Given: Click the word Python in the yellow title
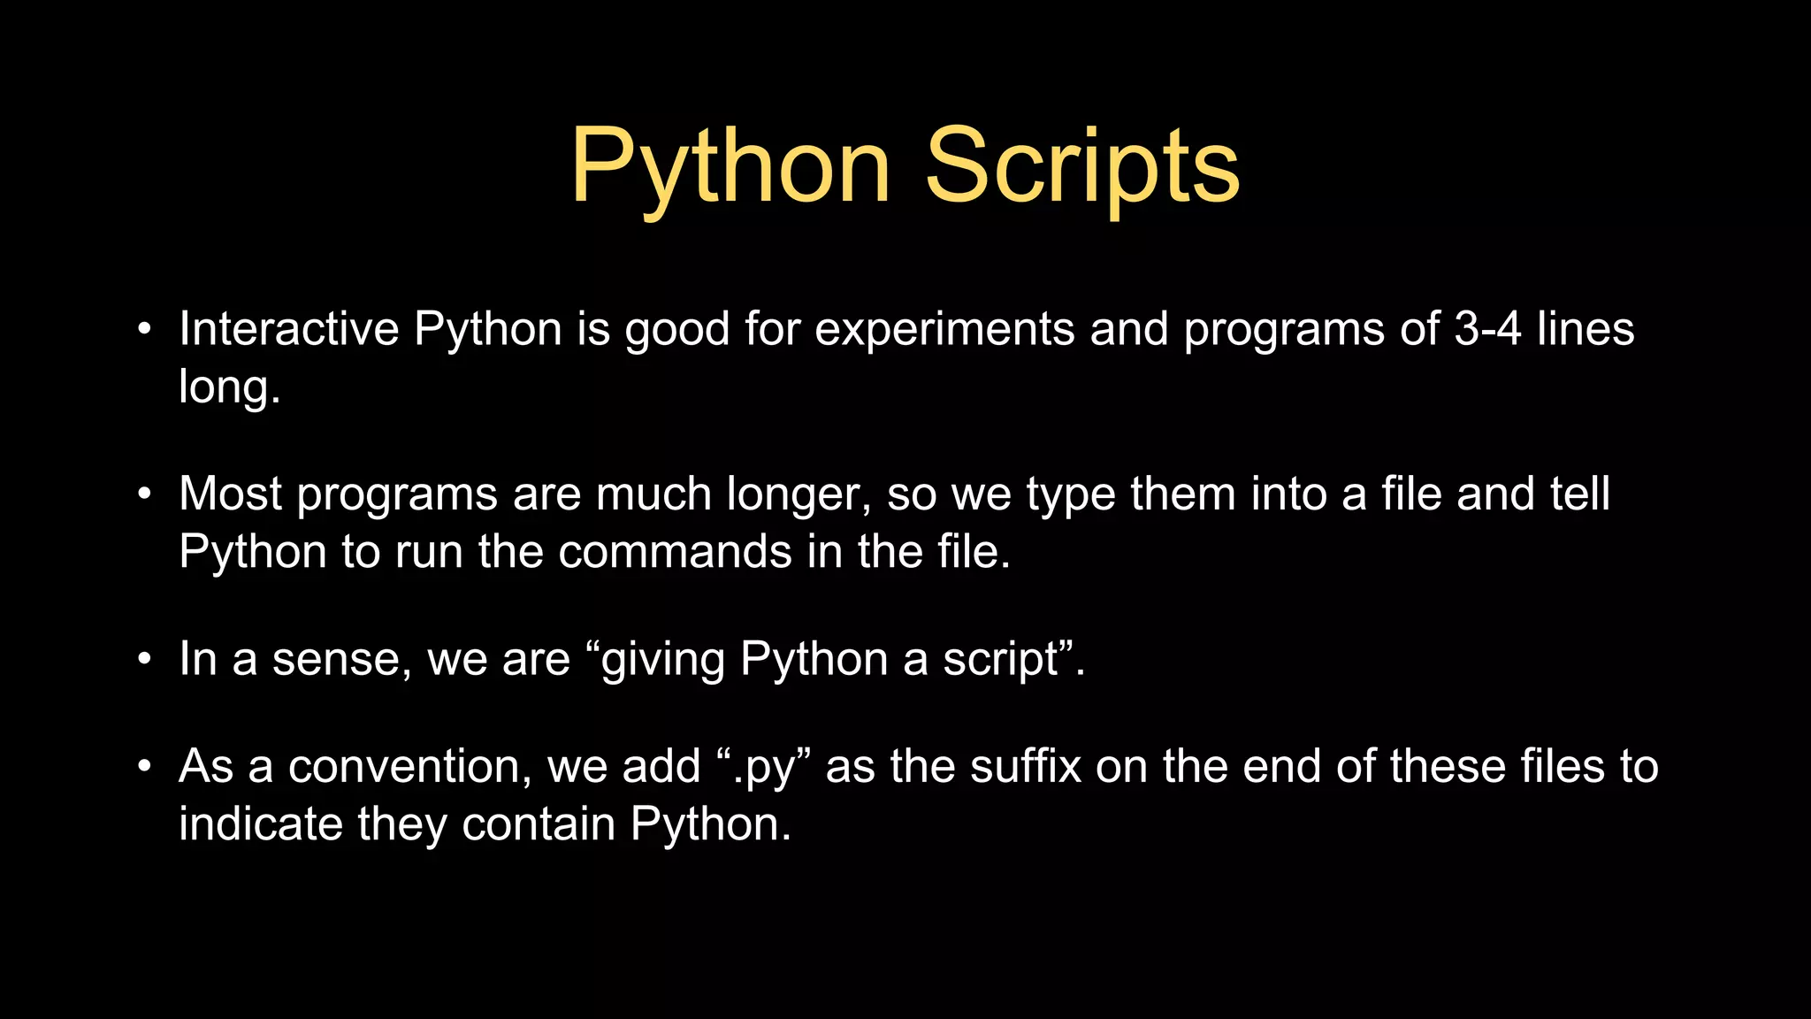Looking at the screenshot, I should click(730, 166).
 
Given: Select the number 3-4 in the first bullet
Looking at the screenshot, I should click(1487, 329).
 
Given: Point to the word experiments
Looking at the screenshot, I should click(944, 331).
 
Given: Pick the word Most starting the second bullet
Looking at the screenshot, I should click(230, 494).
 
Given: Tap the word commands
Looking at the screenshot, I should click(676, 552).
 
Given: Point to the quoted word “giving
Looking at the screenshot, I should click(655, 660).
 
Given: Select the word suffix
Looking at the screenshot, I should click(1026, 767).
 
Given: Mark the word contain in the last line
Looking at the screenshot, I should click(539, 824).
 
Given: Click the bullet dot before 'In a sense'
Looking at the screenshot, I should click(145, 660).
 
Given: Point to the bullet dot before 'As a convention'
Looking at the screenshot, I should click(145, 767).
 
